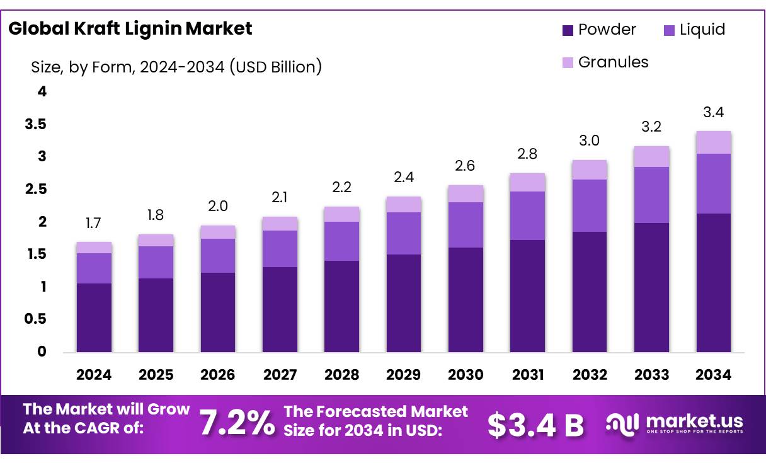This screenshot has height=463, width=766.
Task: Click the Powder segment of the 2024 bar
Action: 94,317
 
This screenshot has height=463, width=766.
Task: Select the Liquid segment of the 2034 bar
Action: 713,183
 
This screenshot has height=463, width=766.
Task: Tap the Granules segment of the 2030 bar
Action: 466,194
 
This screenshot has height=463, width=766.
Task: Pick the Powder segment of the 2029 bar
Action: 404,303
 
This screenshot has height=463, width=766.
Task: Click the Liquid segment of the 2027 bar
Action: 280,249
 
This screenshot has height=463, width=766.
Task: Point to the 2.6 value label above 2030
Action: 466,166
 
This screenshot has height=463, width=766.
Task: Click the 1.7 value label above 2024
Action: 94,223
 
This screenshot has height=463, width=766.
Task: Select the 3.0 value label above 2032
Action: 589,140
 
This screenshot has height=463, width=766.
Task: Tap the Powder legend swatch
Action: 568,30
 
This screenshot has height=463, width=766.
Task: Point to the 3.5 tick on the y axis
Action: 36,125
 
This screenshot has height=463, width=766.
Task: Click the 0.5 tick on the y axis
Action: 36,319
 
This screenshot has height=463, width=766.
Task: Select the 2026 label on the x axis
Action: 217,375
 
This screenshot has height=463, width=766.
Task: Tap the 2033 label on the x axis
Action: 651,375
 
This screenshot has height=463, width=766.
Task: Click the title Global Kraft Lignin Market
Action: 130,28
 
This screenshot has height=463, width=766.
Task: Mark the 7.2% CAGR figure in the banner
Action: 237,423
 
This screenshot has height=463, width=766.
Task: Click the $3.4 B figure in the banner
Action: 535,425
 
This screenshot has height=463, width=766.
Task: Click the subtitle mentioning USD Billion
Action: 176,67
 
